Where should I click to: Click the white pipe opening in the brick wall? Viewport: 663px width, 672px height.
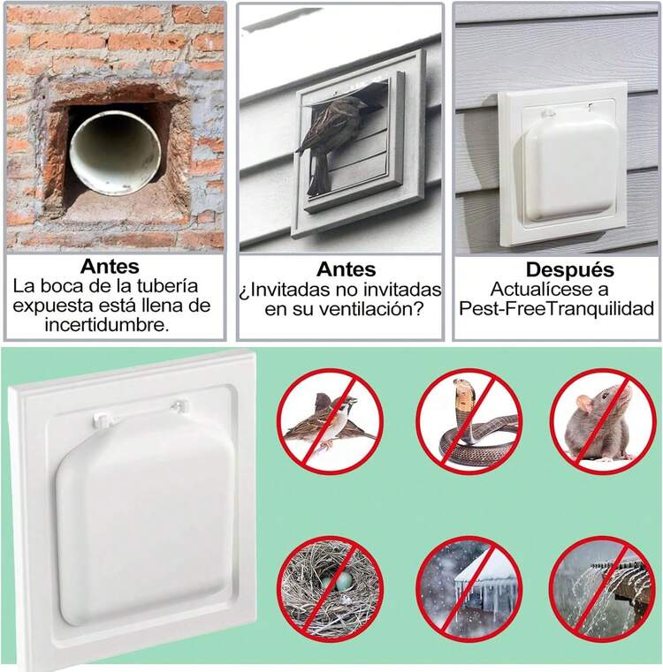click(114, 151)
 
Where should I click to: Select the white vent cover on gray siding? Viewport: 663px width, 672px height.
click(564, 163)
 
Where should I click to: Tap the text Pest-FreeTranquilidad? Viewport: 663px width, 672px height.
click(556, 308)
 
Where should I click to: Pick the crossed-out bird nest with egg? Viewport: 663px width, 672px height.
click(331, 588)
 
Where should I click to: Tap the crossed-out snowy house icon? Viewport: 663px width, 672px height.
click(469, 588)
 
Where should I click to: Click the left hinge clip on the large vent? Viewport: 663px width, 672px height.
click(104, 413)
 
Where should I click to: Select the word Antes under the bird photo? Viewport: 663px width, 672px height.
click(346, 269)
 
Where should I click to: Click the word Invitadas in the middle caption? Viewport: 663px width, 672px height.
click(296, 290)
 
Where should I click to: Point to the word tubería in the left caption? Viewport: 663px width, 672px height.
click(180, 287)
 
